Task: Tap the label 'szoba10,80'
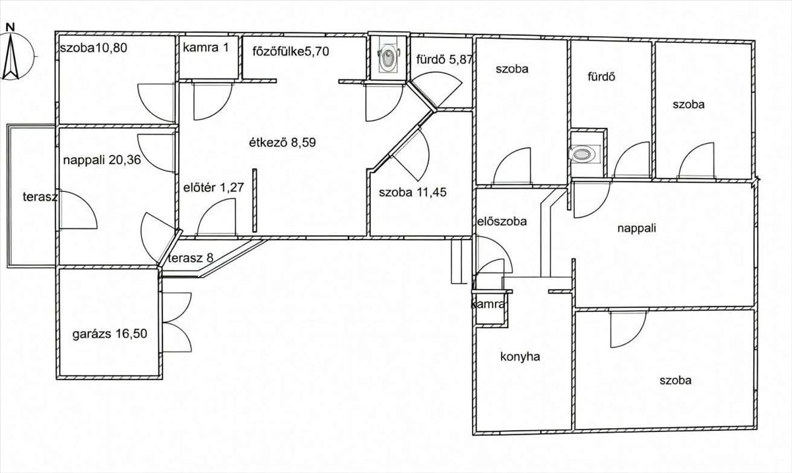click(x=93, y=47)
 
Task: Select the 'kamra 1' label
click(x=206, y=47)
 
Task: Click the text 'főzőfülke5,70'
click(x=290, y=51)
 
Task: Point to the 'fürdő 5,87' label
click(x=444, y=59)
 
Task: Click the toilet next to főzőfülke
click(x=388, y=58)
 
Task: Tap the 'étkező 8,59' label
click(x=282, y=142)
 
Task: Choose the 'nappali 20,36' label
click(x=102, y=160)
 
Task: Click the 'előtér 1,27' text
click(x=214, y=187)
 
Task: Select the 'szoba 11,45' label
click(x=412, y=193)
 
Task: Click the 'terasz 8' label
click(x=191, y=258)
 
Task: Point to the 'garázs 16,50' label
click(x=110, y=334)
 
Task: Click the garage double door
click(x=177, y=322)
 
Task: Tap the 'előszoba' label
click(x=502, y=222)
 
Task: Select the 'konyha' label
click(x=520, y=357)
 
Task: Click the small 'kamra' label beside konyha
click(x=488, y=304)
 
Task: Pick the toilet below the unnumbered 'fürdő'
click(x=585, y=154)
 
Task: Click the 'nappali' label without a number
click(x=637, y=228)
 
